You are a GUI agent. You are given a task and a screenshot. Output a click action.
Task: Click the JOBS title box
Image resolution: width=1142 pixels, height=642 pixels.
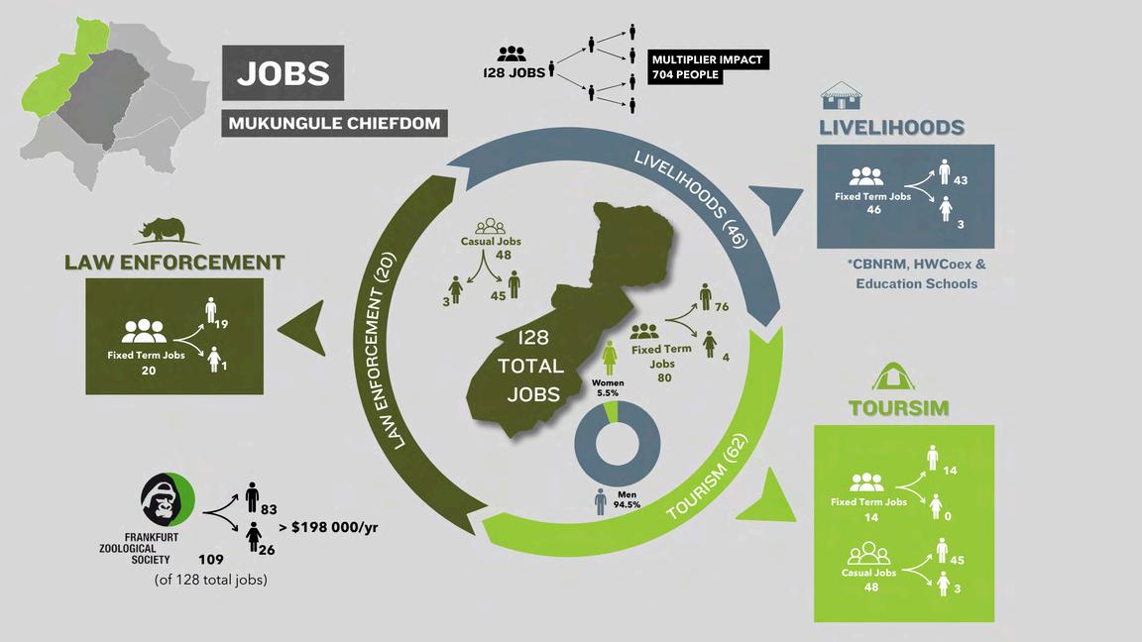283,73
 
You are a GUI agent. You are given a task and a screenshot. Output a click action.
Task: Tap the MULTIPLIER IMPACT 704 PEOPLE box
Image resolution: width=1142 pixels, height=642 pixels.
708,67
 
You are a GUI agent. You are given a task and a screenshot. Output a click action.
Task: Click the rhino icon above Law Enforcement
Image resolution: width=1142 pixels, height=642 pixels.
166,228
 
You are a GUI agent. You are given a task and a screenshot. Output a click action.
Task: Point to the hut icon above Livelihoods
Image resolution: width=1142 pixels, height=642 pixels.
841,96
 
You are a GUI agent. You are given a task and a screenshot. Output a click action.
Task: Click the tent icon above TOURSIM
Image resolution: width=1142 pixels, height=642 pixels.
893,375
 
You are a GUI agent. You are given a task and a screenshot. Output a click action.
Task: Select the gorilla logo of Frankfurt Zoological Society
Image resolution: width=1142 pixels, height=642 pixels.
166,499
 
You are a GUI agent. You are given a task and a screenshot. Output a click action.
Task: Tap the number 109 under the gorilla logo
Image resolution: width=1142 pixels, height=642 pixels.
212,559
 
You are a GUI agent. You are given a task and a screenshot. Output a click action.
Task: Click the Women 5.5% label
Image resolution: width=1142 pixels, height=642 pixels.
608,387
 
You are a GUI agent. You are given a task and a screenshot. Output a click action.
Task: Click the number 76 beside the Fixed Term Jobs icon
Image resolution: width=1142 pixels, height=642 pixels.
721,307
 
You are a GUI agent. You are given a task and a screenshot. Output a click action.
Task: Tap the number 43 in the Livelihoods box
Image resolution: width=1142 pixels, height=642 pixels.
960,181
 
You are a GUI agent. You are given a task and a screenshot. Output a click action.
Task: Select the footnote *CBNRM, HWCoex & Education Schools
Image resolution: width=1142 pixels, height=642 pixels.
917,274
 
